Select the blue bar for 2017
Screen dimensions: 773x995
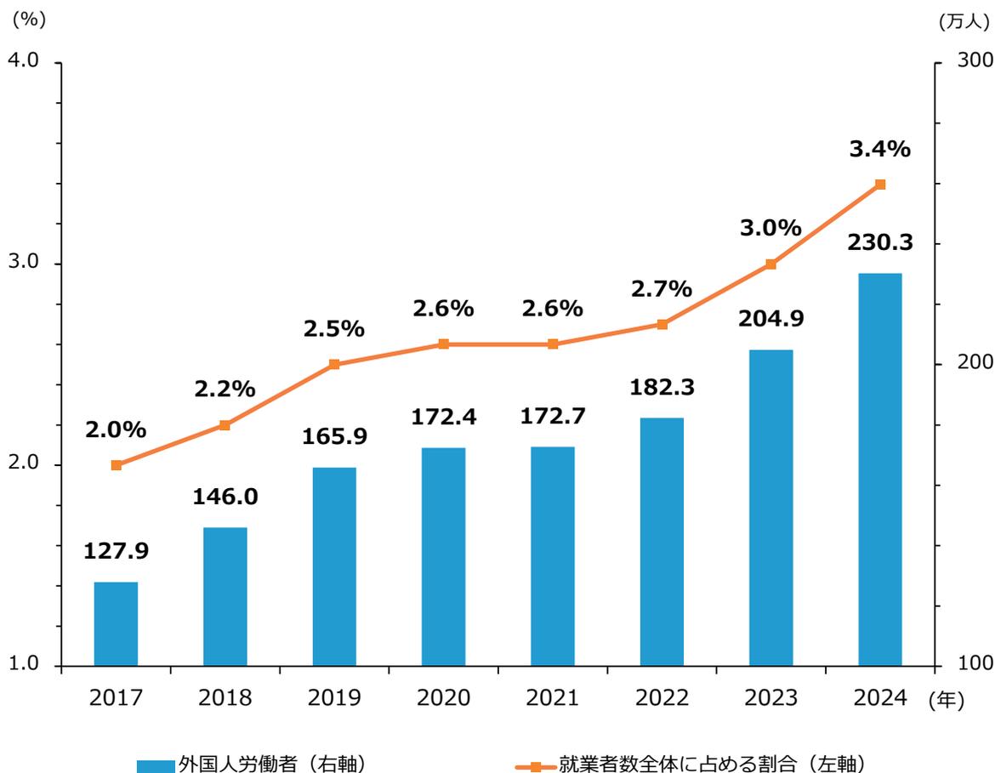pyautogui.click(x=116, y=623)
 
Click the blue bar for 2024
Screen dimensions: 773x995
pyautogui.click(x=879, y=469)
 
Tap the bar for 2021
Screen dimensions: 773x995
pyautogui.click(x=553, y=555)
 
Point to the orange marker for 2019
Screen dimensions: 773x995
pyautogui.click(x=334, y=364)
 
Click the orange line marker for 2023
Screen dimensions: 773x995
pyautogui.click(x=770, y=264)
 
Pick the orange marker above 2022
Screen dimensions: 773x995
pyautogui.click(x=662, y=324)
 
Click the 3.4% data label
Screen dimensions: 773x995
pyautogui.click(x=879, y=150)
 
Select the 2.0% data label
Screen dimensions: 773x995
pyautogui.click(x=116, y=430)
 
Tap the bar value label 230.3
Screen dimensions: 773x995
pyautogui.click(x=879, y=242)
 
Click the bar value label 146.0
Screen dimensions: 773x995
pyautogui.click(x=225, y=496)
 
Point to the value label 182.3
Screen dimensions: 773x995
pyautogui.click(x=662, y=387)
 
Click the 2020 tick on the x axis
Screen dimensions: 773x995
pyautogui.click(x=443, y=698)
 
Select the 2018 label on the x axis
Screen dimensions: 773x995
pyautogui.click(x=225, y=698)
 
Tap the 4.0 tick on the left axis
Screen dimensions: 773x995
pyautogui.click(x=23, y=63)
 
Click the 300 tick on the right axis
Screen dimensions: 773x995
pyautogui.click(x=967, y=61)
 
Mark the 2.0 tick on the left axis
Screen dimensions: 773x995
pyautogui.click(x=23, y=464)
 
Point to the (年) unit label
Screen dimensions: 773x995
pyautogui.click(x=946, y=700)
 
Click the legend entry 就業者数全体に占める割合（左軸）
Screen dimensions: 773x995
pyautogui.click(x=693, y=764)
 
